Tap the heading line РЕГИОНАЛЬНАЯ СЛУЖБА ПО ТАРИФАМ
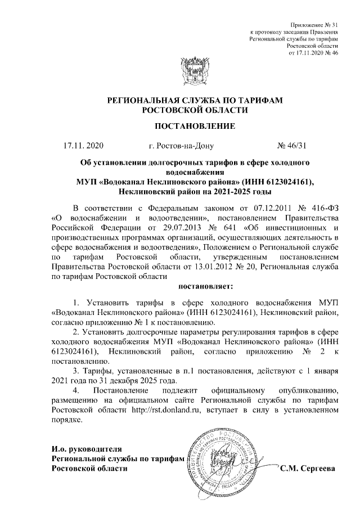pyautogui.click(x=180, y=100)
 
